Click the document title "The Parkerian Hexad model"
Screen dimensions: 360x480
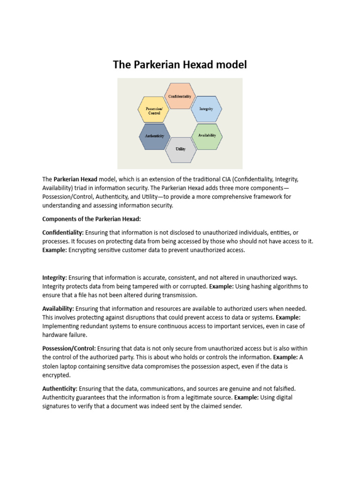[180, 65]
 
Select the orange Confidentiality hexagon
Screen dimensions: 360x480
[180, 96]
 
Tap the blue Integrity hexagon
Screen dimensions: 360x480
[206, 109]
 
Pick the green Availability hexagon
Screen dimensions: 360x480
[207, 135]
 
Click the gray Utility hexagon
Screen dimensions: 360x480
[180, 149]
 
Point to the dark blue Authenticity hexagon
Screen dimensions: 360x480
[154, 136]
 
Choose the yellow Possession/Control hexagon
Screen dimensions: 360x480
[154, 111]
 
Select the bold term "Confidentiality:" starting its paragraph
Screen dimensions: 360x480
[63, 232]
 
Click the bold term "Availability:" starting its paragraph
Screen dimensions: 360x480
[58, 308]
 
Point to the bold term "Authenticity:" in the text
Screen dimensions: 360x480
[60, 389]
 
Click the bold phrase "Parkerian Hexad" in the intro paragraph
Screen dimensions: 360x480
[75, 179]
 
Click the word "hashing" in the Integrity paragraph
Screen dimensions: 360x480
[256, 286]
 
